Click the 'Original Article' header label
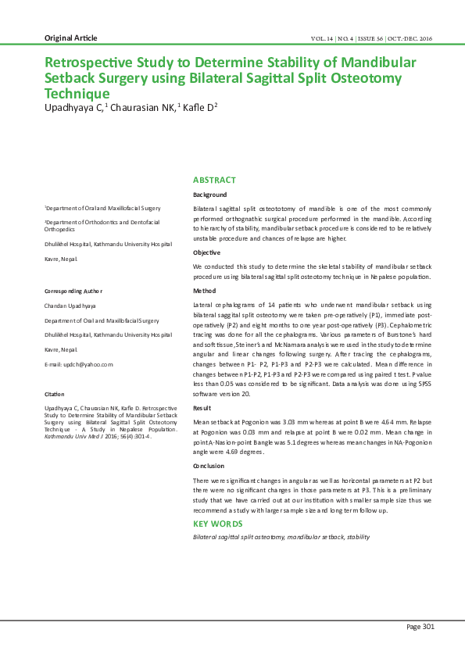71,38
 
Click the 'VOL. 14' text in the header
324,38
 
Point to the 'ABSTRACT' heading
214,181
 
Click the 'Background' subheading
209,195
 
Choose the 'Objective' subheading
207,252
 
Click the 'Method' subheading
205,291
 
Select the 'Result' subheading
202,408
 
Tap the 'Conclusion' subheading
209,466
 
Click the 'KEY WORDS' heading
218,524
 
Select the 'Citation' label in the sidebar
55,395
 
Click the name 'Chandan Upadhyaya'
70,306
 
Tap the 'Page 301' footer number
420,626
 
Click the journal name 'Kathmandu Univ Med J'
73,436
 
